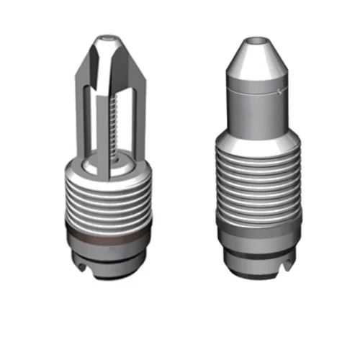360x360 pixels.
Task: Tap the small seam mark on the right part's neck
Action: click(x=282, y=91)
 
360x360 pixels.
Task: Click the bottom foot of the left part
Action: click(x=108, y=268)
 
